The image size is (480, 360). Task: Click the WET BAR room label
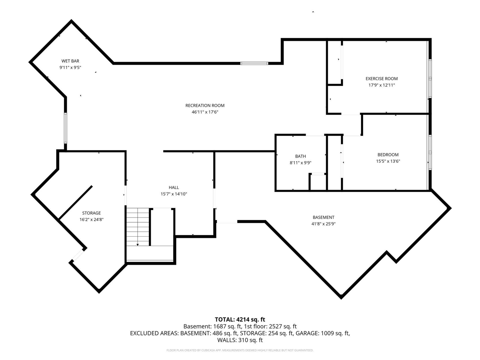[70, 61]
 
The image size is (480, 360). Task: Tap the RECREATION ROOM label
[205, 105]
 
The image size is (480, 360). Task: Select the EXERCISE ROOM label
[381, 78]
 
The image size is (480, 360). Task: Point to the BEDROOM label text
[388, 154]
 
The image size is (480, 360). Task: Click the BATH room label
[300, 156]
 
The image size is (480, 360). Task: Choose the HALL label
[174, 187]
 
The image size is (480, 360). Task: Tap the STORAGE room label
[91, 213]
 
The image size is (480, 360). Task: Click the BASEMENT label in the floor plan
[323, 217]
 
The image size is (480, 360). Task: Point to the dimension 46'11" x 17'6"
[205, 112]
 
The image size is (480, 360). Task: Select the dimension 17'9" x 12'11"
[381, 85]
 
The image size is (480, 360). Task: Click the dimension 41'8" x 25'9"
[323, 224]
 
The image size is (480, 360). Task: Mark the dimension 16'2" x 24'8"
[91, 220]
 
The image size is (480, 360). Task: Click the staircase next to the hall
[138, 227]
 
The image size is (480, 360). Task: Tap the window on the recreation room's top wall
[254, 63]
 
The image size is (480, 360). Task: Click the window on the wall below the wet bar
[66, 128]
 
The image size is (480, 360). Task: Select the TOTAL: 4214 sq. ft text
[240, 319]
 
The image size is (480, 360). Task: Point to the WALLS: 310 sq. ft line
[240, 340]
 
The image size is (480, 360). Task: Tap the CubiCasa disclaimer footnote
[240, 350]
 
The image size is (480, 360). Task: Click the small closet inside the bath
[318, 182]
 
